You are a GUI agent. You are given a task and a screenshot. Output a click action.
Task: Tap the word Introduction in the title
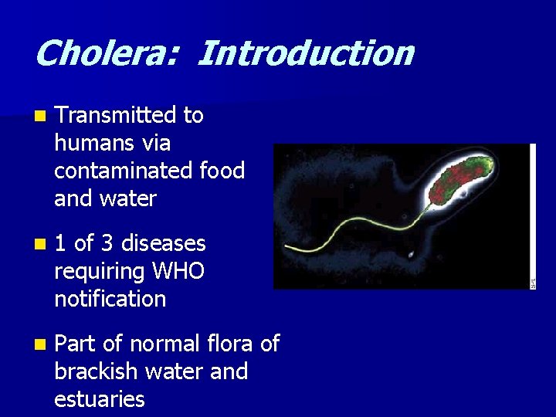[305, 54]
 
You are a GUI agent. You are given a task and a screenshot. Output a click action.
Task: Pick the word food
[222, 171]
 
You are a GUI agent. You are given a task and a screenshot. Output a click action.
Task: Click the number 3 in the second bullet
[107, 244]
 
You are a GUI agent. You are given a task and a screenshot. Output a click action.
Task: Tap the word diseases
[163, 244]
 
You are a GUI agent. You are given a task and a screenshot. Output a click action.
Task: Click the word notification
[110, 299]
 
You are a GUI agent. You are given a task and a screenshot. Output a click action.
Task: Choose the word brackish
[98, 371]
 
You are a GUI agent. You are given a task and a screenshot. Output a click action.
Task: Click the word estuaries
[100, 399]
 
